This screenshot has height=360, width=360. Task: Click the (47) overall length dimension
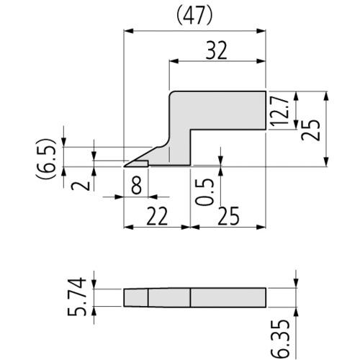coord(194,17)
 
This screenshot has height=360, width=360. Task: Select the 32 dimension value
coord(216,51)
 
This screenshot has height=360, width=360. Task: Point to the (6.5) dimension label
coord(46,158)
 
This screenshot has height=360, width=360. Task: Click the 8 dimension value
coord(136,186)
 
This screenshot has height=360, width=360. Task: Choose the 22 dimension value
coord(157,216)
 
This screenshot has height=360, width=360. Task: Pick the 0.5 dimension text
coord(204,192)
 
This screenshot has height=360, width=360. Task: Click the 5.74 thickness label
coord(77,297)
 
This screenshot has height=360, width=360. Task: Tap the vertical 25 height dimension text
coord(310,130)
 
